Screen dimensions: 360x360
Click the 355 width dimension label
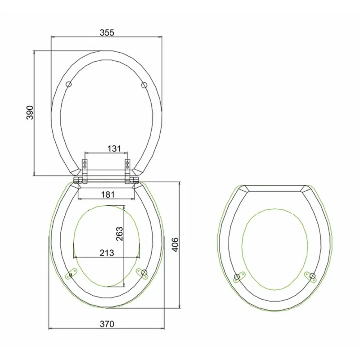coord(107,32)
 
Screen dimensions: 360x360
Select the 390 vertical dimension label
coord(29,112)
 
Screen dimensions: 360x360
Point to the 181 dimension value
coord(107,194)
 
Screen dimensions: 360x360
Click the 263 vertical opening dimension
coord(119,233)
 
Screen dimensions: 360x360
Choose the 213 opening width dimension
coord(106,252)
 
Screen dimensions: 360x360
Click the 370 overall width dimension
coord(107,324)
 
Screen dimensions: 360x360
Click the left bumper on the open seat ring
coord(71,273)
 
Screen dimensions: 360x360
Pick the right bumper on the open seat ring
coord(143,273)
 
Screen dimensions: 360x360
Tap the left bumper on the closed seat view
coord(238,277)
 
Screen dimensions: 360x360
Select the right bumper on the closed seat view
coord(310,277)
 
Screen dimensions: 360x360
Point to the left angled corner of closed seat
coord(242,189)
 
